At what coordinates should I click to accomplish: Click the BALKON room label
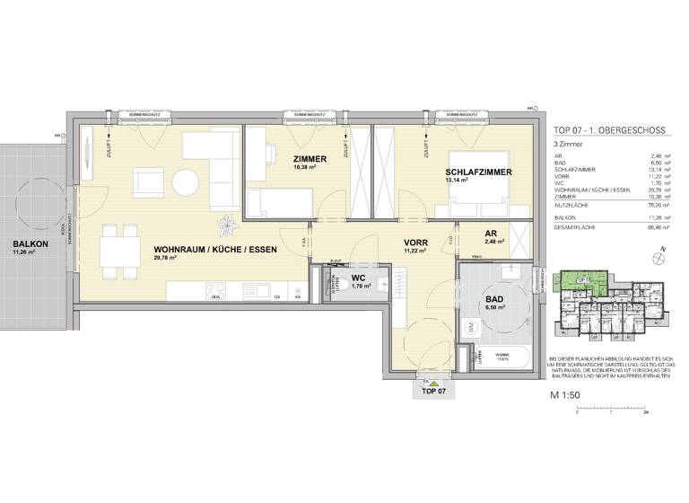pyautogui.click(x=30, y=243)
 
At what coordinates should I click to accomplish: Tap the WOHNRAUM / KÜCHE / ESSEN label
pyautogui.click(x=208, y=249)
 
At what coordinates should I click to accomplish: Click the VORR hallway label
pyautogui.click(x=414, y=243)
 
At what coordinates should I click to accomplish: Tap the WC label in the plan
pyautogui.click(x=356, y=279)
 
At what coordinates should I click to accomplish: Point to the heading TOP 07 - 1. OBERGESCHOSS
pyautogui.click(x=608, y=130)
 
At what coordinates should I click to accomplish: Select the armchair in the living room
pyautogui.click(x=147, y=183)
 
